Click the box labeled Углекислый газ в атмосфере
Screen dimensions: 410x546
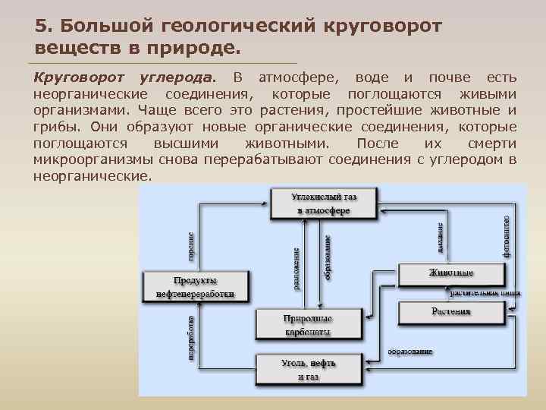click(324, 203)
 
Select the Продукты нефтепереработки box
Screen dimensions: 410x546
click(190, 286)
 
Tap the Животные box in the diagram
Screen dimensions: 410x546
click(451, 273)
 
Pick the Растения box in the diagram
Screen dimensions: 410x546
click(451, 311)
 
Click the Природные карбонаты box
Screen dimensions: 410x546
click(307, 324)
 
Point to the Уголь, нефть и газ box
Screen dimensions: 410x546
click(307, 370)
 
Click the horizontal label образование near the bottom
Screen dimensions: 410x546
click(410, 352)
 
